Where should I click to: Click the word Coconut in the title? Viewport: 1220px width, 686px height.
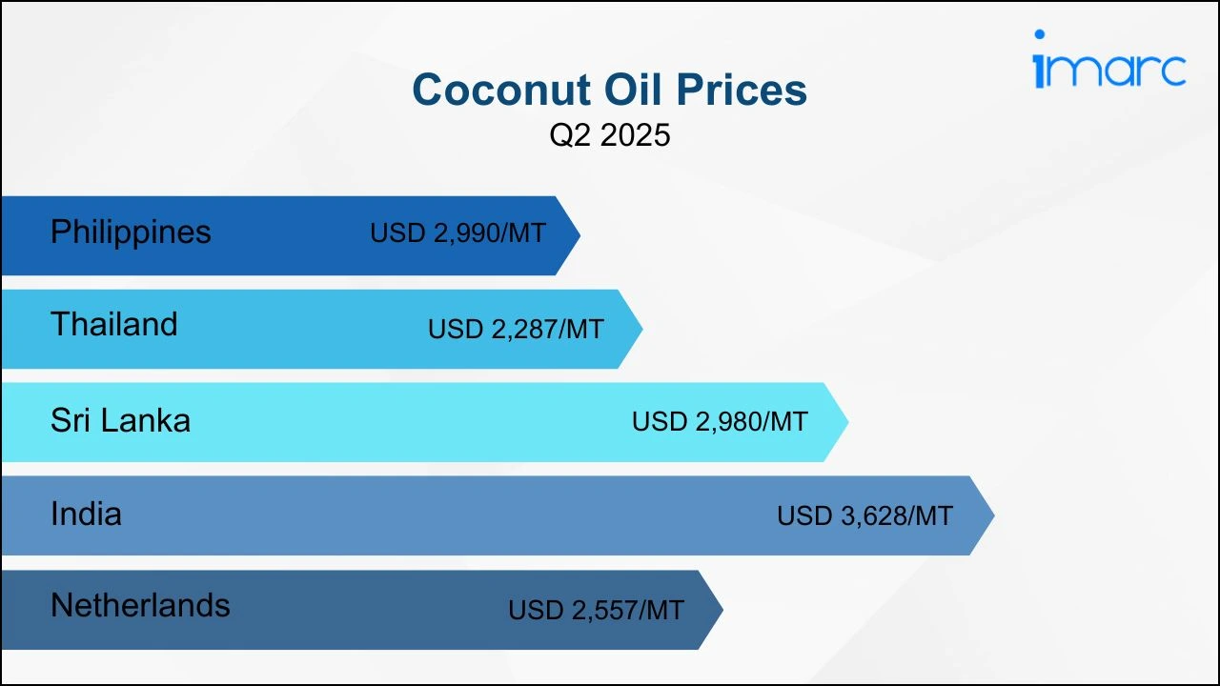[501, 90]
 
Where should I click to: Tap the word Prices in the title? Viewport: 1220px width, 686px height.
[742, 90]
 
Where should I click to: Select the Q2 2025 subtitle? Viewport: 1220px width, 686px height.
[609, 134]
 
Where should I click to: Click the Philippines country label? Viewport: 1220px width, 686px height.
[131, 232]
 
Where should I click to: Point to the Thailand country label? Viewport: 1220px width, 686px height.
[114, 324]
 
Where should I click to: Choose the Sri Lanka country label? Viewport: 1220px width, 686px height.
[120, 420]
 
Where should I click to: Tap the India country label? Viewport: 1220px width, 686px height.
[86, 514]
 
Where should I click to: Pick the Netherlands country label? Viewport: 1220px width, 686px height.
[140, 605]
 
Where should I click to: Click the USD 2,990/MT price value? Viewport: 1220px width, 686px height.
[458, 233]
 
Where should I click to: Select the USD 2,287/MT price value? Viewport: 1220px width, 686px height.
[516, 329]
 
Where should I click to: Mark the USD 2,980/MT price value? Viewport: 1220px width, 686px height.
[720, 421]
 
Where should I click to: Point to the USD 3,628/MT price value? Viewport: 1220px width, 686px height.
[864, 515]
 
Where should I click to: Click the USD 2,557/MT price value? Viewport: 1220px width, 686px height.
[596, 610]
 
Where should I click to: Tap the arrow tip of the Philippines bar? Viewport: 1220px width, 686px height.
[580, 235]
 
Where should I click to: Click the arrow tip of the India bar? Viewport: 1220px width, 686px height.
[994, 515]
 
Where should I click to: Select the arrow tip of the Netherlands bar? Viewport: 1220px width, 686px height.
[722, 610]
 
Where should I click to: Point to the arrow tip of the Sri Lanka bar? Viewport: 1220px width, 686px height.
[848, 422]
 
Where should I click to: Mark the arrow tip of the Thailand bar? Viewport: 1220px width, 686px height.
[642, 329]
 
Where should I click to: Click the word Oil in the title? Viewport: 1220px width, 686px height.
[634, 90]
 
